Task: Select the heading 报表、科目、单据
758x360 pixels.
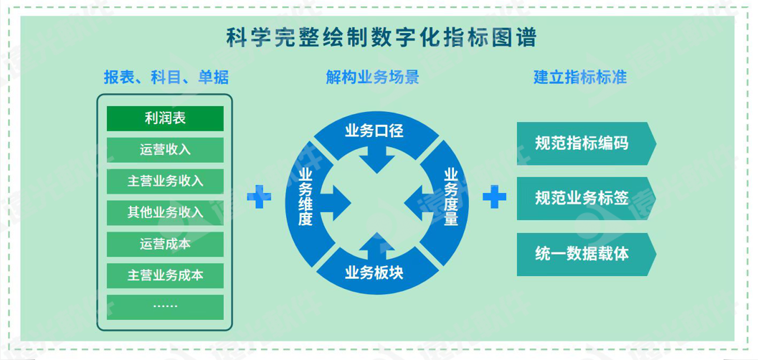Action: (x=166, y=77)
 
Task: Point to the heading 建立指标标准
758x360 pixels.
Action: (x=580, y=77)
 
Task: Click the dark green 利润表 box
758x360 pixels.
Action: (x=166, y=118)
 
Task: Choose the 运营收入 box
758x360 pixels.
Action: (x=166, y=150)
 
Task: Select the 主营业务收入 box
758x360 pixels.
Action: (x=166, y=181)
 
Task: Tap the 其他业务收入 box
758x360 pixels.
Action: (x=166, y=212)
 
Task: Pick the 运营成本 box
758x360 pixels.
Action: (x=166, y=244)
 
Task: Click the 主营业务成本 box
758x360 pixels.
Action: (x=166, y=275)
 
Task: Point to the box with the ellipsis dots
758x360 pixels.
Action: (x=166, y=306)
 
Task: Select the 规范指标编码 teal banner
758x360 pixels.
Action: (x=582, y=143)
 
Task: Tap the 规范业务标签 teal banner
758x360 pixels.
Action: (x=582, y=199)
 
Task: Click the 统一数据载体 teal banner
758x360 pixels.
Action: (x=582, y=254)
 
